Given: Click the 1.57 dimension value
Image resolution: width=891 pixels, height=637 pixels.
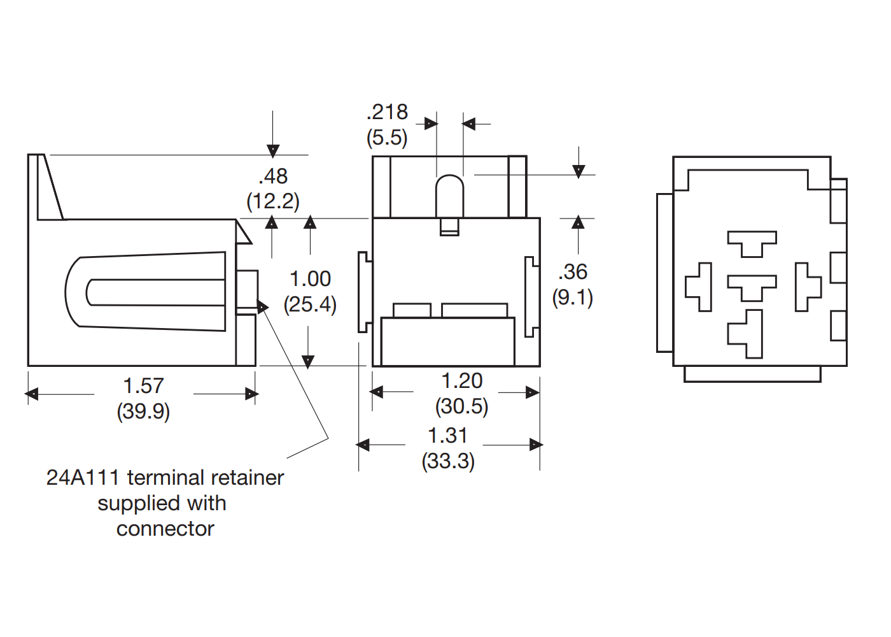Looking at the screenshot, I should coord(143,385).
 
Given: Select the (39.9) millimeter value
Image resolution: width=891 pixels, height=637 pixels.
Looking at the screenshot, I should coord(143,412).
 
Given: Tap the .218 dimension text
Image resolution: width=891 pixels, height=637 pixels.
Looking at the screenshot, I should coord(387,112).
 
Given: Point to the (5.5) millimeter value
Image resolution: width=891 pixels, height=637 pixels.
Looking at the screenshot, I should coord(387,138).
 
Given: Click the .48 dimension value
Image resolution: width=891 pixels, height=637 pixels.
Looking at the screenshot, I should coord(273,176).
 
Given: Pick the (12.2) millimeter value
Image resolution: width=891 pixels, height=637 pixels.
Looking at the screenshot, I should coord(273,201).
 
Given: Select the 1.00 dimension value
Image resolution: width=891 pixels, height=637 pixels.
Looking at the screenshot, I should coord(310,278).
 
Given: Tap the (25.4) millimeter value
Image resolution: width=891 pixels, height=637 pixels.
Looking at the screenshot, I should coord(310,304).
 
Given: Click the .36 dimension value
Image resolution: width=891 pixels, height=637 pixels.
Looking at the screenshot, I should coord(573,272).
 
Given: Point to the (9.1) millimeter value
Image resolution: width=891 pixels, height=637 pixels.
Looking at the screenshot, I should coord(573,297).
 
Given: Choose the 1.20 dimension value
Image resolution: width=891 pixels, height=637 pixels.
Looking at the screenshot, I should coord(462,381).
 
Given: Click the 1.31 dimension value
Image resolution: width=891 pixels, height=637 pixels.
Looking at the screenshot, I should coord(448,436).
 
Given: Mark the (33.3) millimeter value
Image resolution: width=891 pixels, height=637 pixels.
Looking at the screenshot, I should coord(448,461).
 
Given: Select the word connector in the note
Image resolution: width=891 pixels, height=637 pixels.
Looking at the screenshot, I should coord(165,529).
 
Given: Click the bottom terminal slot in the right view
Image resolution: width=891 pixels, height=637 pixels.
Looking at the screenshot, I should coord(747,334).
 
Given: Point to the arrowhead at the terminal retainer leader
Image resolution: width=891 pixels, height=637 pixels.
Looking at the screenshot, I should coord(263,307).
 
